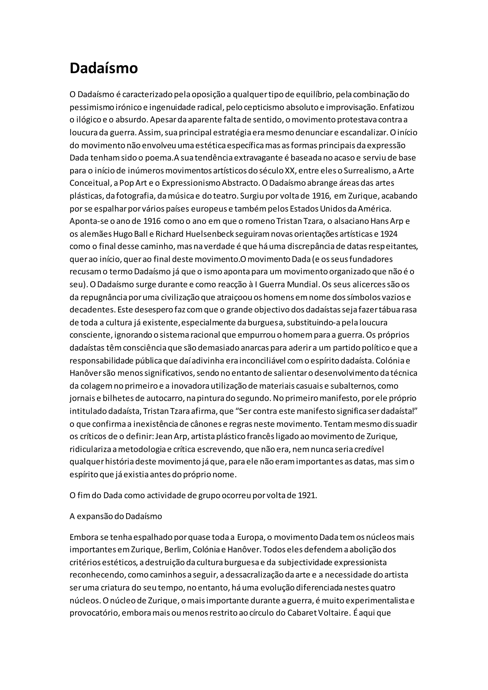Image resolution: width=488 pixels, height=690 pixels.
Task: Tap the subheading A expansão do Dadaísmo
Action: click(x=116, y=516)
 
